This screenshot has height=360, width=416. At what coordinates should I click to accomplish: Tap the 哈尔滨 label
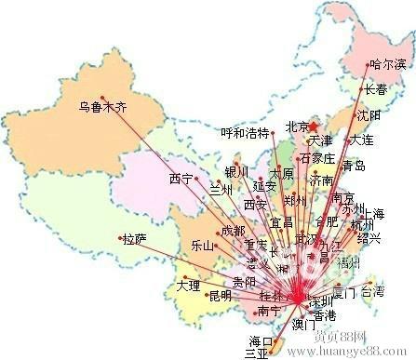point(388,65)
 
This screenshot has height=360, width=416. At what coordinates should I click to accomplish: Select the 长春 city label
point(376,90)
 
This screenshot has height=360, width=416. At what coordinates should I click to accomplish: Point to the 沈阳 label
point(369,115)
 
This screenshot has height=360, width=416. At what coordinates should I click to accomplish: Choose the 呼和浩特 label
point(244,132)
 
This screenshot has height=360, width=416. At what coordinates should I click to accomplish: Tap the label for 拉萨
point(135,239)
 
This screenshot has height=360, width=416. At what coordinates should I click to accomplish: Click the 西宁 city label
point(181,178)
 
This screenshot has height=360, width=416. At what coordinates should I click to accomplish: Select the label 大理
point(188,285)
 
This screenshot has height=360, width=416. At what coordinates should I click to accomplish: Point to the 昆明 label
point(221,296)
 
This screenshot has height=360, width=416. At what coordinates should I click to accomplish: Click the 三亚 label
point(256,353)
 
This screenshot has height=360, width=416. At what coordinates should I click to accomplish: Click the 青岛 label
point(354,167)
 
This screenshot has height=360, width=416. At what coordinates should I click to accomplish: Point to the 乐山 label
point(202,247)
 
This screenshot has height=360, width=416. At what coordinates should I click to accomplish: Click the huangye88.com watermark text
point(358,352)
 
